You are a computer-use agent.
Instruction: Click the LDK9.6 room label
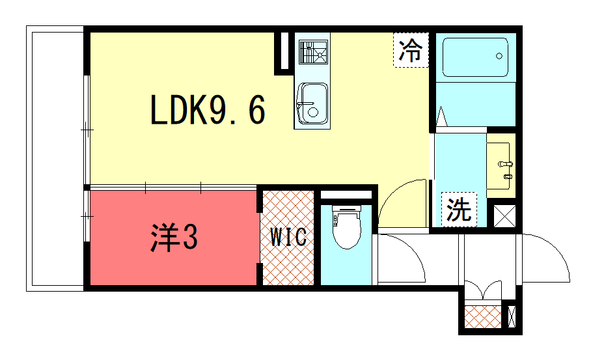click(208, 110)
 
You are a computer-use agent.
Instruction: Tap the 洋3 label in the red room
click(174, 238)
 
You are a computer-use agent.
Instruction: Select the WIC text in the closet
click(288, 237)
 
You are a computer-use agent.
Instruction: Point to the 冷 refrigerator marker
click(411, 50)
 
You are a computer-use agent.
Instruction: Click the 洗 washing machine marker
click(459, 210)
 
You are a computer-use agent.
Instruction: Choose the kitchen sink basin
click(312, 104)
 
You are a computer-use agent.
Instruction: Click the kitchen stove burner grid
click(313, 52)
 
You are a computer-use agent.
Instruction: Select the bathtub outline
click(475, 57)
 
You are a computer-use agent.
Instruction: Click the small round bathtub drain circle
click(499, 56)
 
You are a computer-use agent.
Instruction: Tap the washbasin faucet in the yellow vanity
click(506, 164)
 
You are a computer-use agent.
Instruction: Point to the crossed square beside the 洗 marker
click(504, 216)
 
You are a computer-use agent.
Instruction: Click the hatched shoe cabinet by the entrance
click(483, 317)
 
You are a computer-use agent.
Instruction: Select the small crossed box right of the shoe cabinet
click(512, 316)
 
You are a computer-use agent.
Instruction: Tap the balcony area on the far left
click(55, 159)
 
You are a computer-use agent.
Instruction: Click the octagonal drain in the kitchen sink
click(313, 113)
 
